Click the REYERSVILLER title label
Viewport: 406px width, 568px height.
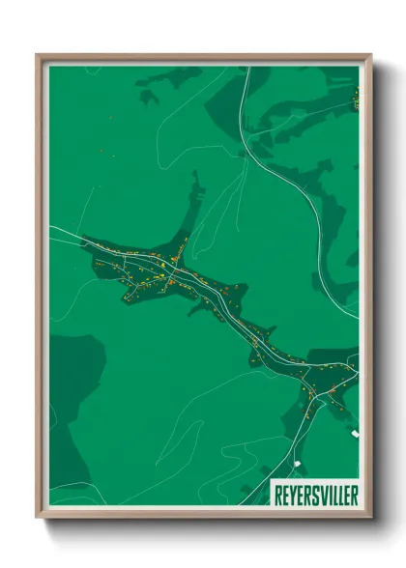tap(314, 493)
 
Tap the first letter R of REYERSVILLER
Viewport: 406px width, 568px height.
tap(278, 493)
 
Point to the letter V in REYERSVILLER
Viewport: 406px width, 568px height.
tap(322, 493)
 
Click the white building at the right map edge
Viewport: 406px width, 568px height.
tap(355, 435)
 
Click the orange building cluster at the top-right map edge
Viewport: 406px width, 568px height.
tap(356, 97)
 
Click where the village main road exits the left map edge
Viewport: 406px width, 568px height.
tap(51, 227)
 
